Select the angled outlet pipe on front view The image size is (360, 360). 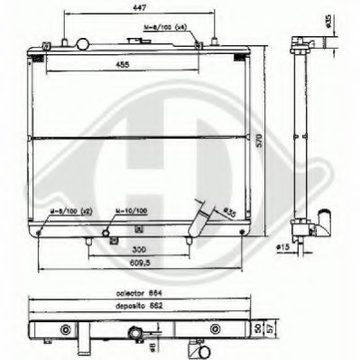pos(201,222)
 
